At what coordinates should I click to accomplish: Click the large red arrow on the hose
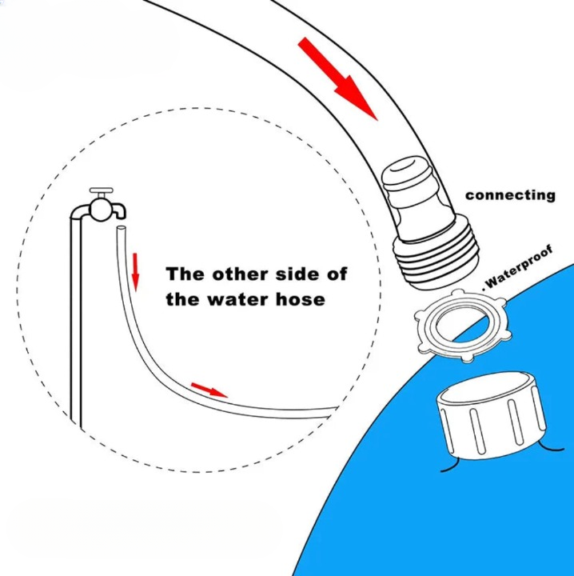pos(337,79)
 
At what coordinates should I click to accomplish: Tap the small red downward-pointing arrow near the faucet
pos(135,272)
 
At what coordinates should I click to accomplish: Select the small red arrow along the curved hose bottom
pos(209,390)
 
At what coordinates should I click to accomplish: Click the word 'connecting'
pos(510,195)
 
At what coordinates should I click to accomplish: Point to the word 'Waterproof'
pos(518,267)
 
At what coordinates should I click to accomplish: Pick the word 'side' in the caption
pos(297,274)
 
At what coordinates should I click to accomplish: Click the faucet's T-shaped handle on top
pos(102,191)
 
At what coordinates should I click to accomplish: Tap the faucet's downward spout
pos(120,211)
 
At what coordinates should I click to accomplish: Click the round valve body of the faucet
pos(101,209)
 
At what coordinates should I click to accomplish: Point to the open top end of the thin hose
pos(122,228)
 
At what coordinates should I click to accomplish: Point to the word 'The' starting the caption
pos(185,274)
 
